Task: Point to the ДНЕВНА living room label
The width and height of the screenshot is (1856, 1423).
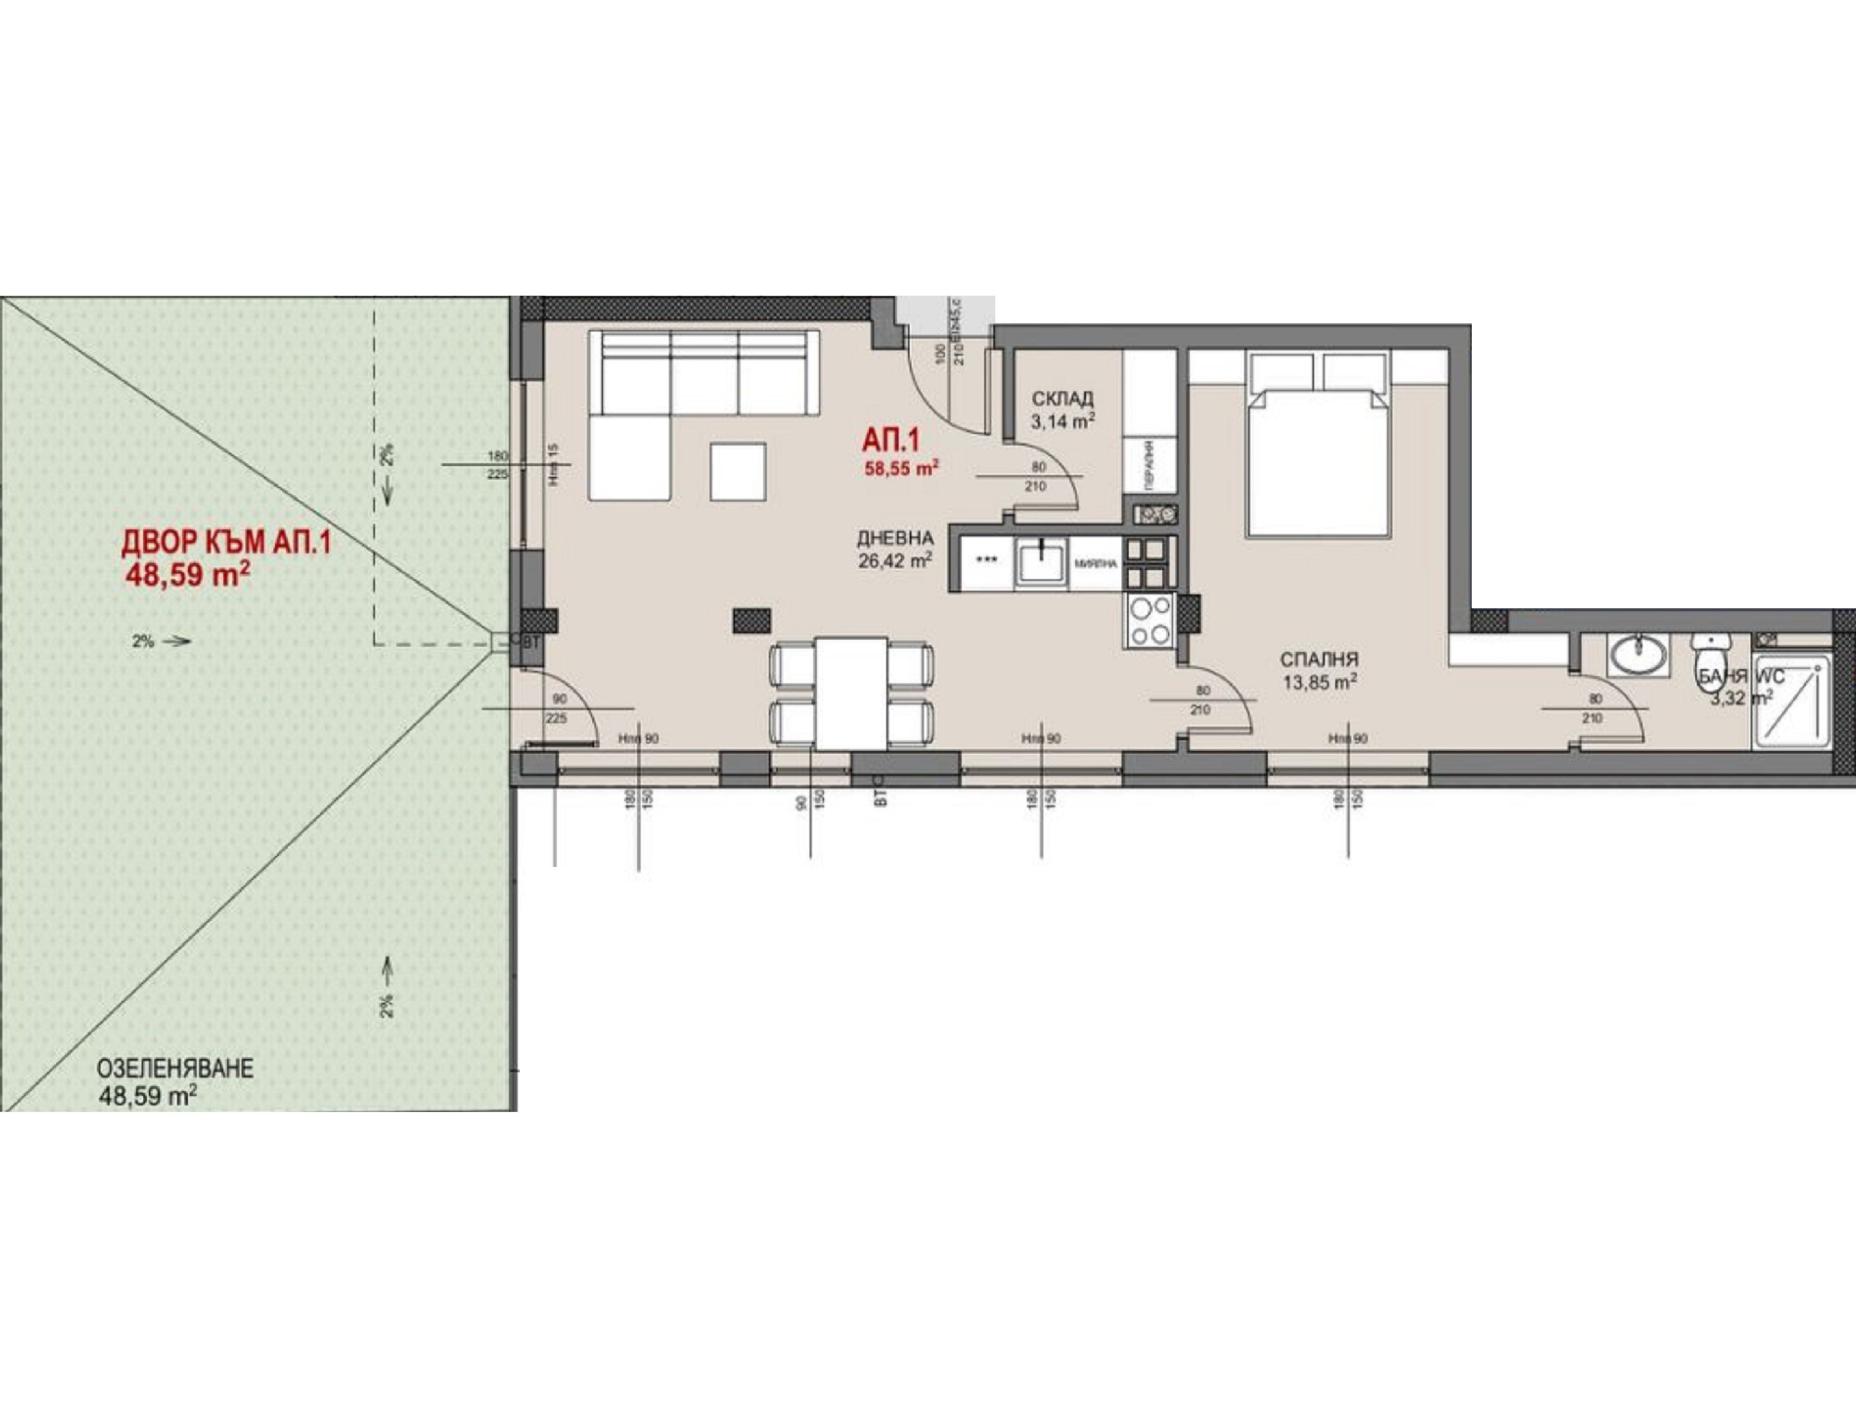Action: (895, 538)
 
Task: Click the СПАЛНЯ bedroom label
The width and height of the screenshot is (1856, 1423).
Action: (1319, 659)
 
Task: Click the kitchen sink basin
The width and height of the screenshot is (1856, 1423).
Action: (1041, 561)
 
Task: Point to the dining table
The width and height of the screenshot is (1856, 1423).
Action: (850, 693)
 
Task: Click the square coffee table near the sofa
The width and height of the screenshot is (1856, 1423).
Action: (738, 471)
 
